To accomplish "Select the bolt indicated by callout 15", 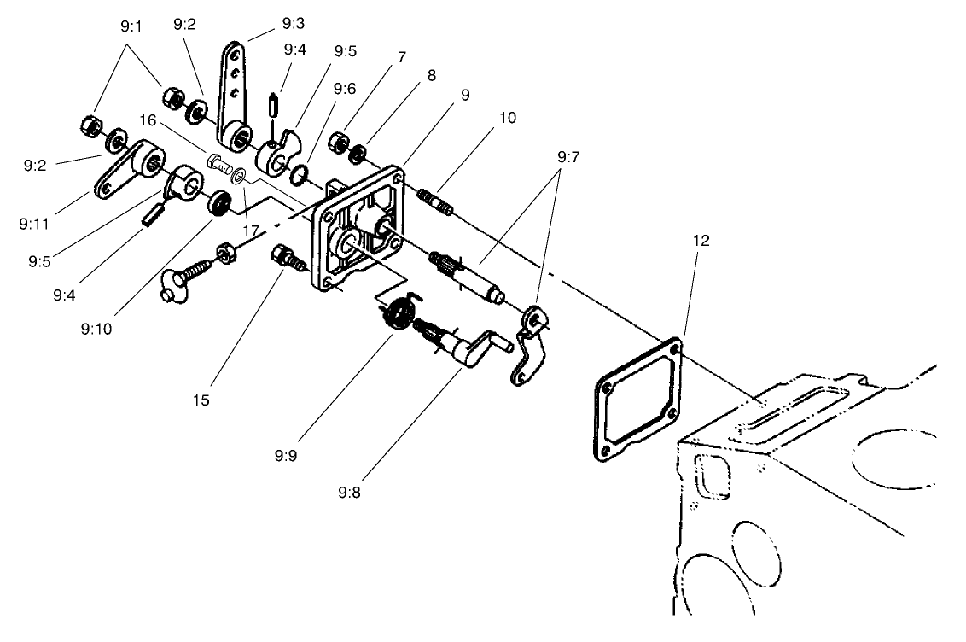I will pos(285,255).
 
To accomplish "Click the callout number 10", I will pos(508,116).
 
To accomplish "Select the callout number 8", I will pos(432,74).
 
